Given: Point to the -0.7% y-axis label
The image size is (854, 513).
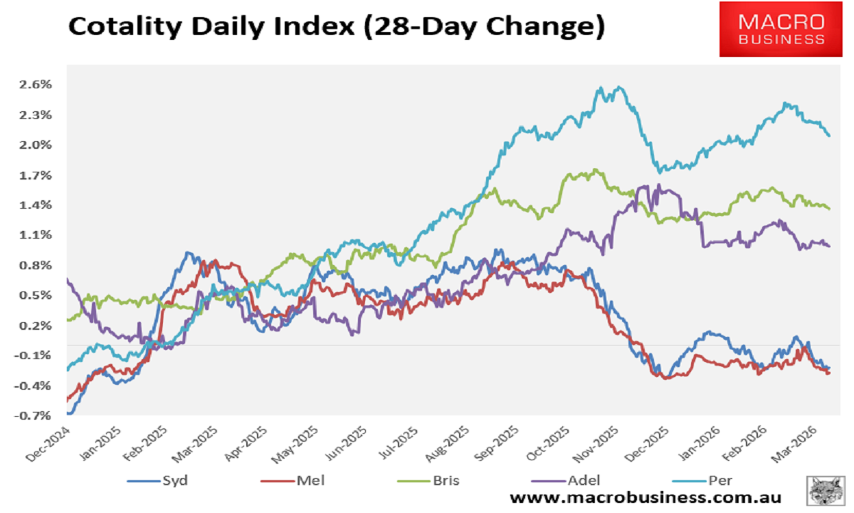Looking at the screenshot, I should [36, 415].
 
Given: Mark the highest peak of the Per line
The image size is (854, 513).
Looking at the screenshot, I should [620, 87].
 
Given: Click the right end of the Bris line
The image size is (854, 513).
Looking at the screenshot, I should [830, 208].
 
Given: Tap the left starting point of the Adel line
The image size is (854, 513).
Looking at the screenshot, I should [67, 279].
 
